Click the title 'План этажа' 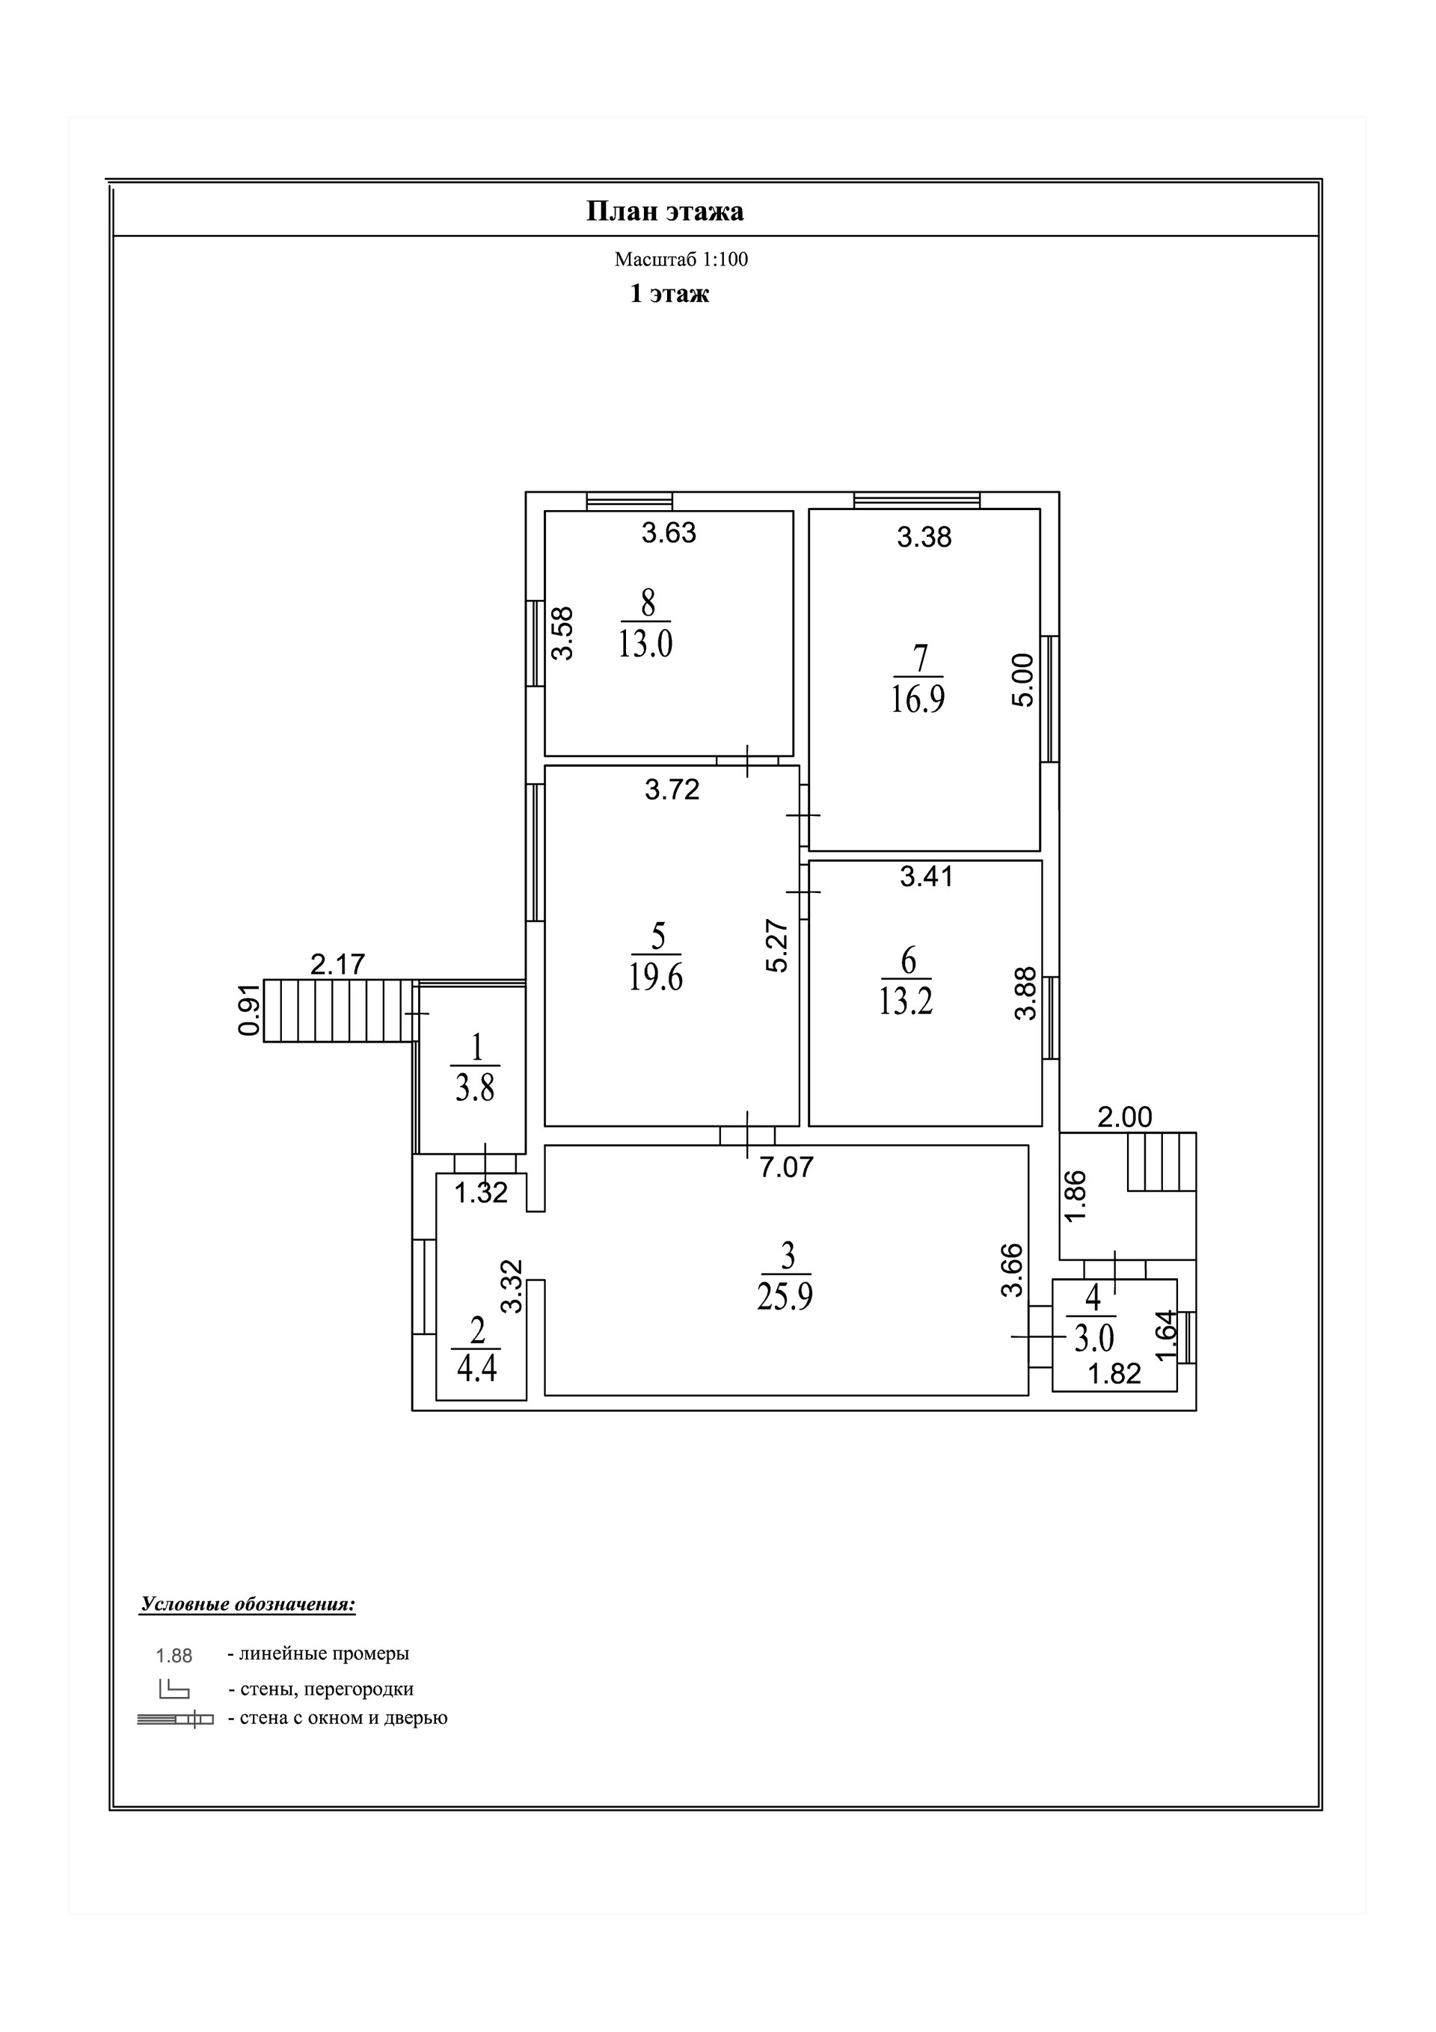[x=665, y=212]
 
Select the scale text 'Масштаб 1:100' [x=681, y=260]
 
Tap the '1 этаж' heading [x=669, y=294]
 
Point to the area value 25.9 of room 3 [x=785, y=1297]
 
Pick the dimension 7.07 [x=786, y=1167]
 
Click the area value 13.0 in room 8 [x=645, y=643]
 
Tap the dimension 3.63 [x=669, y=532]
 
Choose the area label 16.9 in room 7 [x=918, y=699]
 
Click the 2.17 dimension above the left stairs [x=337, y=964]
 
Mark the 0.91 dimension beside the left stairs [x=250, y=1010]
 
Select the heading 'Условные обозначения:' [x=248, y=1604]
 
